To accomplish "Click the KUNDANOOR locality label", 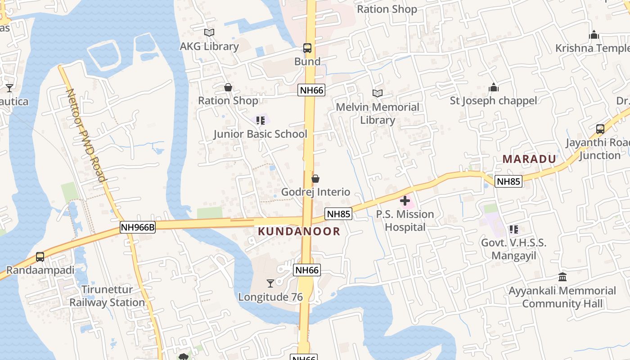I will pyautogui.click(x=299, y=231).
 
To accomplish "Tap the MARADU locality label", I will pyautogui.click(x=529, y=159).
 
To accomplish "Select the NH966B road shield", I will pyautogui.click(x=138, y=228).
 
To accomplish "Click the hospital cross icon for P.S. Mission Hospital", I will pyautogui.click(x=405, y=201).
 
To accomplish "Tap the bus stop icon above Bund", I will pyautogui.click(x=307, y=48).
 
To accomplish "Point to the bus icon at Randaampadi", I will pyautogui.click(x=40, y=257).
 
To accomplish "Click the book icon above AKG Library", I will pyautogui.click(x=209, y=33).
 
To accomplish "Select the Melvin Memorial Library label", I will pyautogui.click(x=378, y=113).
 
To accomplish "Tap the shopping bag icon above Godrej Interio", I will pyautogui.click(x=315, y=179).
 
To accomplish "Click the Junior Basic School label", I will pyautogui.click(x=260, y=134).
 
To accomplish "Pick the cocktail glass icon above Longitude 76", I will pyautogui.click(x=270, y=283).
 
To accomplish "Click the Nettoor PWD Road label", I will pyautogui.click(x=86, y=135).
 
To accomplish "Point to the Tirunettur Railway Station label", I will pyautogui.click(x=107, y=296).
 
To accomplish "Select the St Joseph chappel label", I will pyautogui.click(x=494, y=100).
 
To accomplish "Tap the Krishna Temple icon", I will pyautogui.click(x=594, y=35).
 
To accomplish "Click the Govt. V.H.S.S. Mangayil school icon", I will pyautogui.click(x=514, y=229).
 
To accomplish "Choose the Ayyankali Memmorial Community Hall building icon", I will pyautogui.click(x=562, y=277).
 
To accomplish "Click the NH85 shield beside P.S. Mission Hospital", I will pyautogui.click(x=338, y=214).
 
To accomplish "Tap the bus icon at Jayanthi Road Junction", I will pyautogui.click(x=600, y=129).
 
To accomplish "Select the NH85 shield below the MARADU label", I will pyautogui.click(x=508, y=181).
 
